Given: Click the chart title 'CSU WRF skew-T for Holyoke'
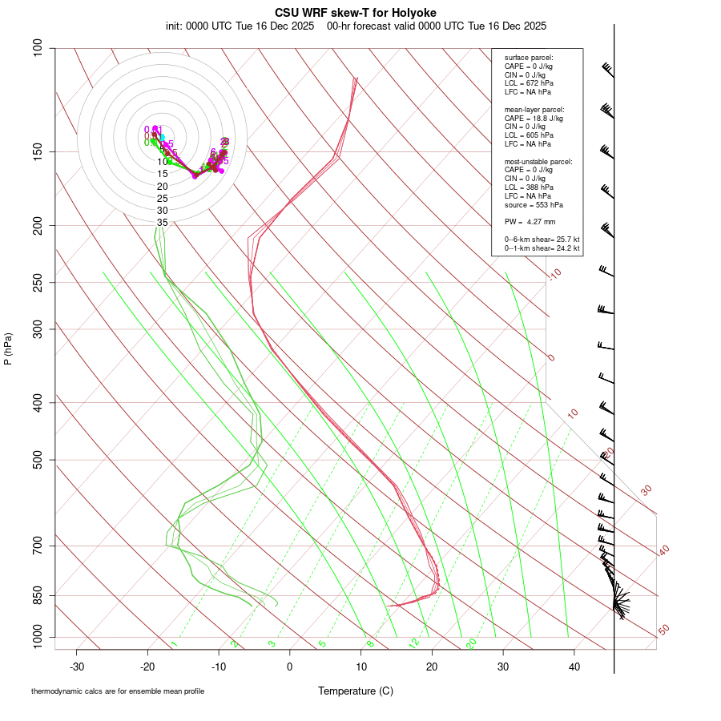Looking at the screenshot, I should pos(356,13).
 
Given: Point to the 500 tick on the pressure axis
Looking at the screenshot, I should pos(37,460).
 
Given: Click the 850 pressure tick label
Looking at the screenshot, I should pos(37,595).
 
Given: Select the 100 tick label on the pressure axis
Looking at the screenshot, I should pos(37,48).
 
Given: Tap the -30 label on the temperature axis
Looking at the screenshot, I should pos(77,667).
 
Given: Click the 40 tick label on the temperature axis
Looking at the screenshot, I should pos(574,667).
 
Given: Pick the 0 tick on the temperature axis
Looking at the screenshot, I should pos(290,667).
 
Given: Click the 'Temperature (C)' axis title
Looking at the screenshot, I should pos(356,691).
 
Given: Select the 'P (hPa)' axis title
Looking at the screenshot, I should pos(8,349).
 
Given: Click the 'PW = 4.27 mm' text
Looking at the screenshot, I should pos(530,222).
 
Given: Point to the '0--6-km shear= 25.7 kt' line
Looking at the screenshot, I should pos(542,240).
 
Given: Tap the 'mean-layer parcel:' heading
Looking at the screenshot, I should pos(534,109).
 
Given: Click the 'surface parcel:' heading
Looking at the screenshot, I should pos(529,58).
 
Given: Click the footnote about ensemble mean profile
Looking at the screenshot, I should pos(118,691).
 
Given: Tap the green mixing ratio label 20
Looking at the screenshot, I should pos(471,643).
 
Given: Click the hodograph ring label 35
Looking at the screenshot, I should pos(163,223).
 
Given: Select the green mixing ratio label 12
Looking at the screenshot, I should pos(414,643).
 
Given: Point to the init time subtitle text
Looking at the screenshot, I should pos(356,26).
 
